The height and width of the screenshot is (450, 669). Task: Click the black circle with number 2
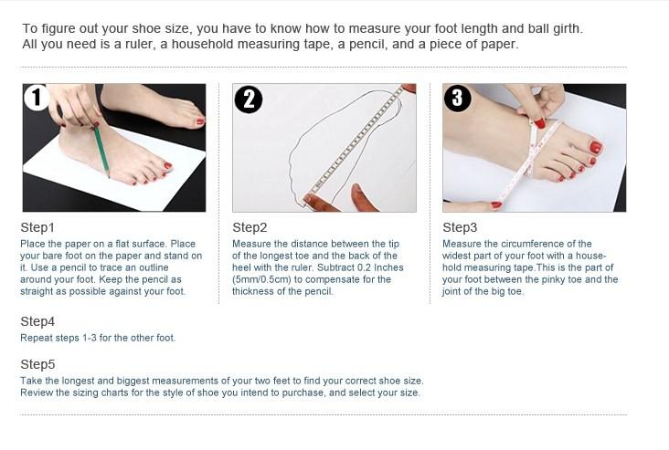249,99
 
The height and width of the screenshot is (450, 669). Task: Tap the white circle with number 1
37,98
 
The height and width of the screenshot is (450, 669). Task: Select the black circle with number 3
457,98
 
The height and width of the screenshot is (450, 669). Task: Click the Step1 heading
37,227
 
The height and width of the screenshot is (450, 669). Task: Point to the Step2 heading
250,227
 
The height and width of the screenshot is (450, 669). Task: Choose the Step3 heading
460,227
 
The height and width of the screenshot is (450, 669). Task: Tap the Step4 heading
37,321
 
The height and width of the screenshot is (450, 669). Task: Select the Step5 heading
37,365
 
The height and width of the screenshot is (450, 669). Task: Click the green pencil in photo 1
101,150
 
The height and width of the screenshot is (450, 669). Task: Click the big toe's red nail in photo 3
596,148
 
